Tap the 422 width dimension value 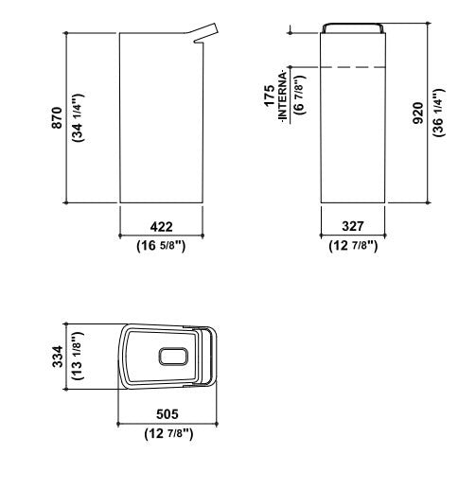pos(162,227)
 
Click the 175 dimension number pos(270,96)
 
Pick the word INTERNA pos(281,96)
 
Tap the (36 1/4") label pos(437,114)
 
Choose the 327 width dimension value pos(353,227)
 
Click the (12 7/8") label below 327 pos(353,246)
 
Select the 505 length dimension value pos(167,415)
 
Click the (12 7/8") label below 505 pos(167,433)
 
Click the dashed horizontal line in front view pos(353,67)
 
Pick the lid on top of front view pos(353,27)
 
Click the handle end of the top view pos(211,356)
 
